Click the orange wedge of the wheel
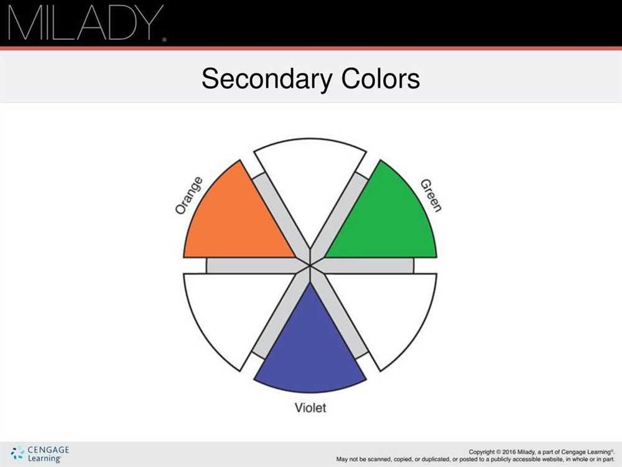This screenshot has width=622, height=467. (x=234, y=222)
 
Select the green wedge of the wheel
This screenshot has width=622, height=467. (x=387, y=222)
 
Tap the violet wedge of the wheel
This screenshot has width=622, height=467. (x=310, y=349)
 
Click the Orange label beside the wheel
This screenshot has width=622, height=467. (x=189, y=196)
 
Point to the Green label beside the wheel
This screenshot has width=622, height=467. (x=431, y=196)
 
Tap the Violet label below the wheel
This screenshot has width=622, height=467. (x=310, y=407)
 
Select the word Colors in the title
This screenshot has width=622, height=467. (x=381, y=78)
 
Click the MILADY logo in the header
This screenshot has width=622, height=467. (x=86, y=22)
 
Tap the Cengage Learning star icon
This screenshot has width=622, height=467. (x=17, y=453)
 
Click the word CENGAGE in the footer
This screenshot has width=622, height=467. (x=49, y=450)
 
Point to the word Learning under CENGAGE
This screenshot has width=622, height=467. (x=44, y=458)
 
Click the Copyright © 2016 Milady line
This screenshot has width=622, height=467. (x=542, y=452)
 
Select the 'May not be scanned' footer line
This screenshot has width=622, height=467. (x=476, y=460)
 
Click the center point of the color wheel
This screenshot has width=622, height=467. (x=310, y=265)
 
